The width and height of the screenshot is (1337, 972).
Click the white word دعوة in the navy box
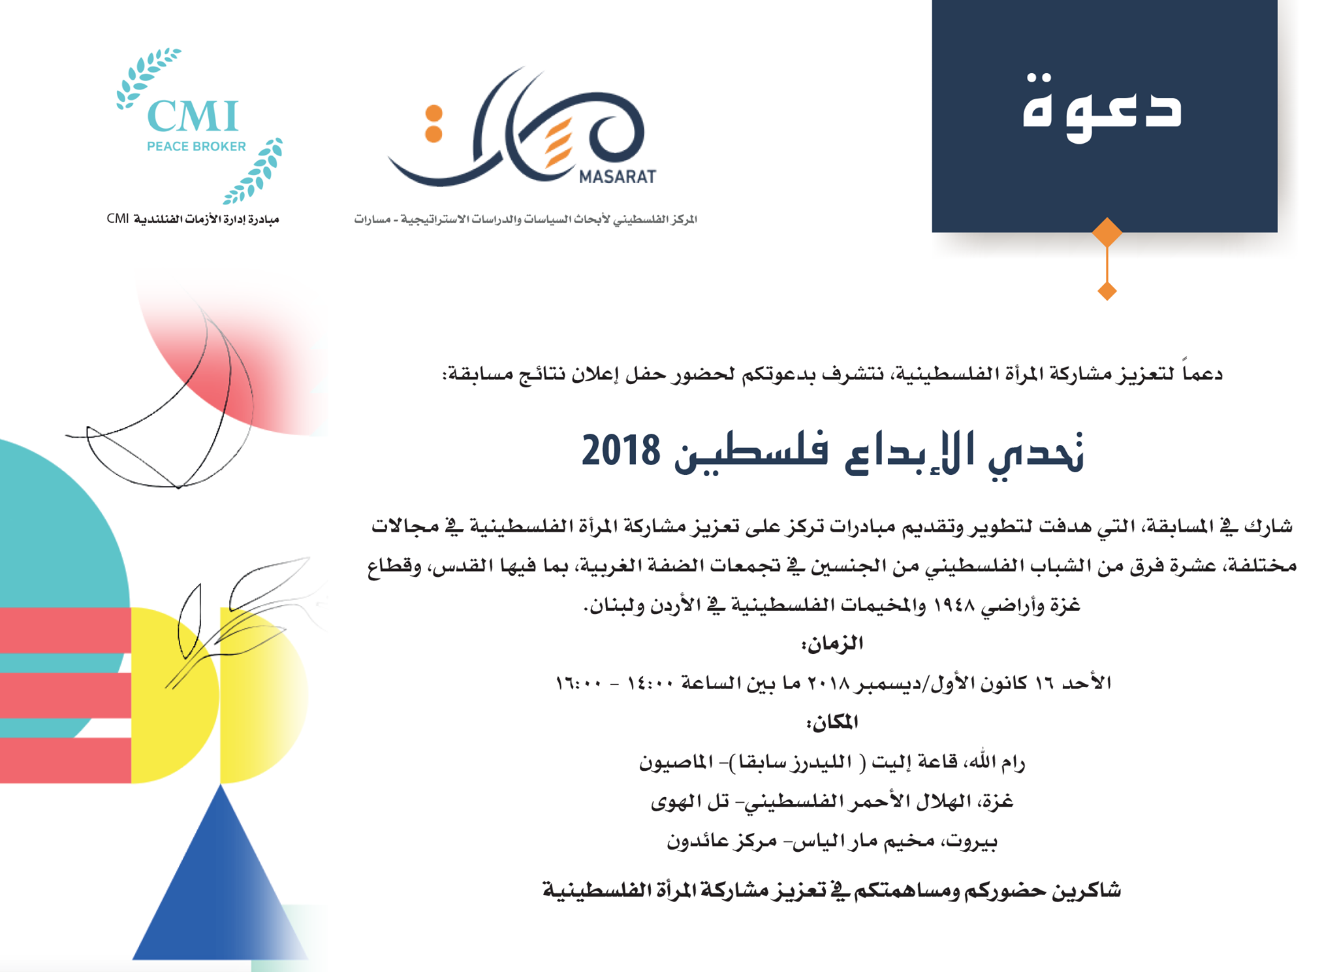click(1103, 108)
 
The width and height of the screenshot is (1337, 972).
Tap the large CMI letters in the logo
click(193, 117)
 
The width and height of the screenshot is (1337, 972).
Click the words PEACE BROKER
click(196, 146)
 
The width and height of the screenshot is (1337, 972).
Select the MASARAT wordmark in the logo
click(617, 176)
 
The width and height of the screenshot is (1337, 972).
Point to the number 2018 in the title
click(621, 451)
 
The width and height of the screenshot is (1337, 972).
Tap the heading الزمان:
click(832, 644)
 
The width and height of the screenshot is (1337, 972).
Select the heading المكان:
click(832, 722)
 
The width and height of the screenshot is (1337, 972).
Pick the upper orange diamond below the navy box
click(1107, 232)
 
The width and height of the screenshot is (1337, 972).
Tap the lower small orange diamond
click(1107, 291)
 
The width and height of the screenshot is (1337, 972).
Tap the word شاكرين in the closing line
click(1086, 890)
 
